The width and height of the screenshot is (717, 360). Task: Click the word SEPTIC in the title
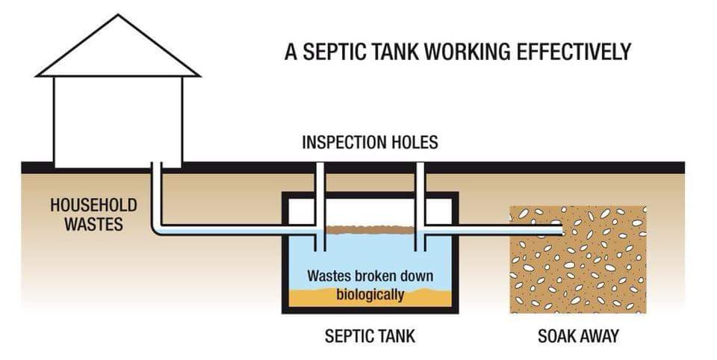[329, 52]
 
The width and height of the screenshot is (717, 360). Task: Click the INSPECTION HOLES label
[370, 142]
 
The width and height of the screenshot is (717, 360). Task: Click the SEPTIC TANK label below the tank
[369, 335]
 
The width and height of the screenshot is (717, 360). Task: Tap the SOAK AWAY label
[578, 335]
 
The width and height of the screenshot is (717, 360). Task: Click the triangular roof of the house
[118, 52]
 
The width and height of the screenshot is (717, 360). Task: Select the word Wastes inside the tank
[331, 275]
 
